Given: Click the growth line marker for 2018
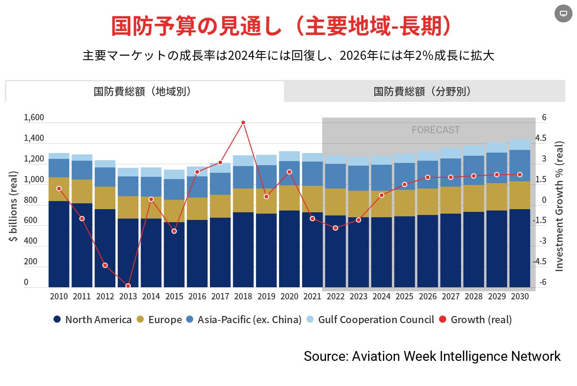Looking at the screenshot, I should pyautogui.click(x=243, y=123).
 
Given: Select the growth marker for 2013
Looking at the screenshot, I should pyautogui.click(x=128, y=286).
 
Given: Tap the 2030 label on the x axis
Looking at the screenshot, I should pyautogui.click(x=519, y=296).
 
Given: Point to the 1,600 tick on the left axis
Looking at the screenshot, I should pyautogui.click(x=34, y=118).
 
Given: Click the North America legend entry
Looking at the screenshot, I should pyautogui.click(x=93, y=320).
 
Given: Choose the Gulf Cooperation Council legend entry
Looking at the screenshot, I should pyautogui.click(x=370, y=320).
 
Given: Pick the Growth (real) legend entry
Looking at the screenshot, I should pyautogui.click(x=475, y=320).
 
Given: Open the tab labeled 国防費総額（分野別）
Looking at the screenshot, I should pyautogui.click(x=424, y=92).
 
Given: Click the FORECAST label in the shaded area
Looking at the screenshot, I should pyautogui.click(x=435, y=130).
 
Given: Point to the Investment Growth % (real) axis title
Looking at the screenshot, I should pyautogui.click(x=559, y=206).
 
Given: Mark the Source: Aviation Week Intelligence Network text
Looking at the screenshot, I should pyautogui.click(x=432, y=356).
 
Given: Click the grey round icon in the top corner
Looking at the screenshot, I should pyautogui.click(x=563, y=13).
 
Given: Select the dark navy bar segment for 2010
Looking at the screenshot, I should pyautogui.click(x=59, y=244).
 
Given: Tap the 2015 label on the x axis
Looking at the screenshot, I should pyautogui.click(x=174, y=296).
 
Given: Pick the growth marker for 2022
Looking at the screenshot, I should pyautogui.click(x=335, y=228).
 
